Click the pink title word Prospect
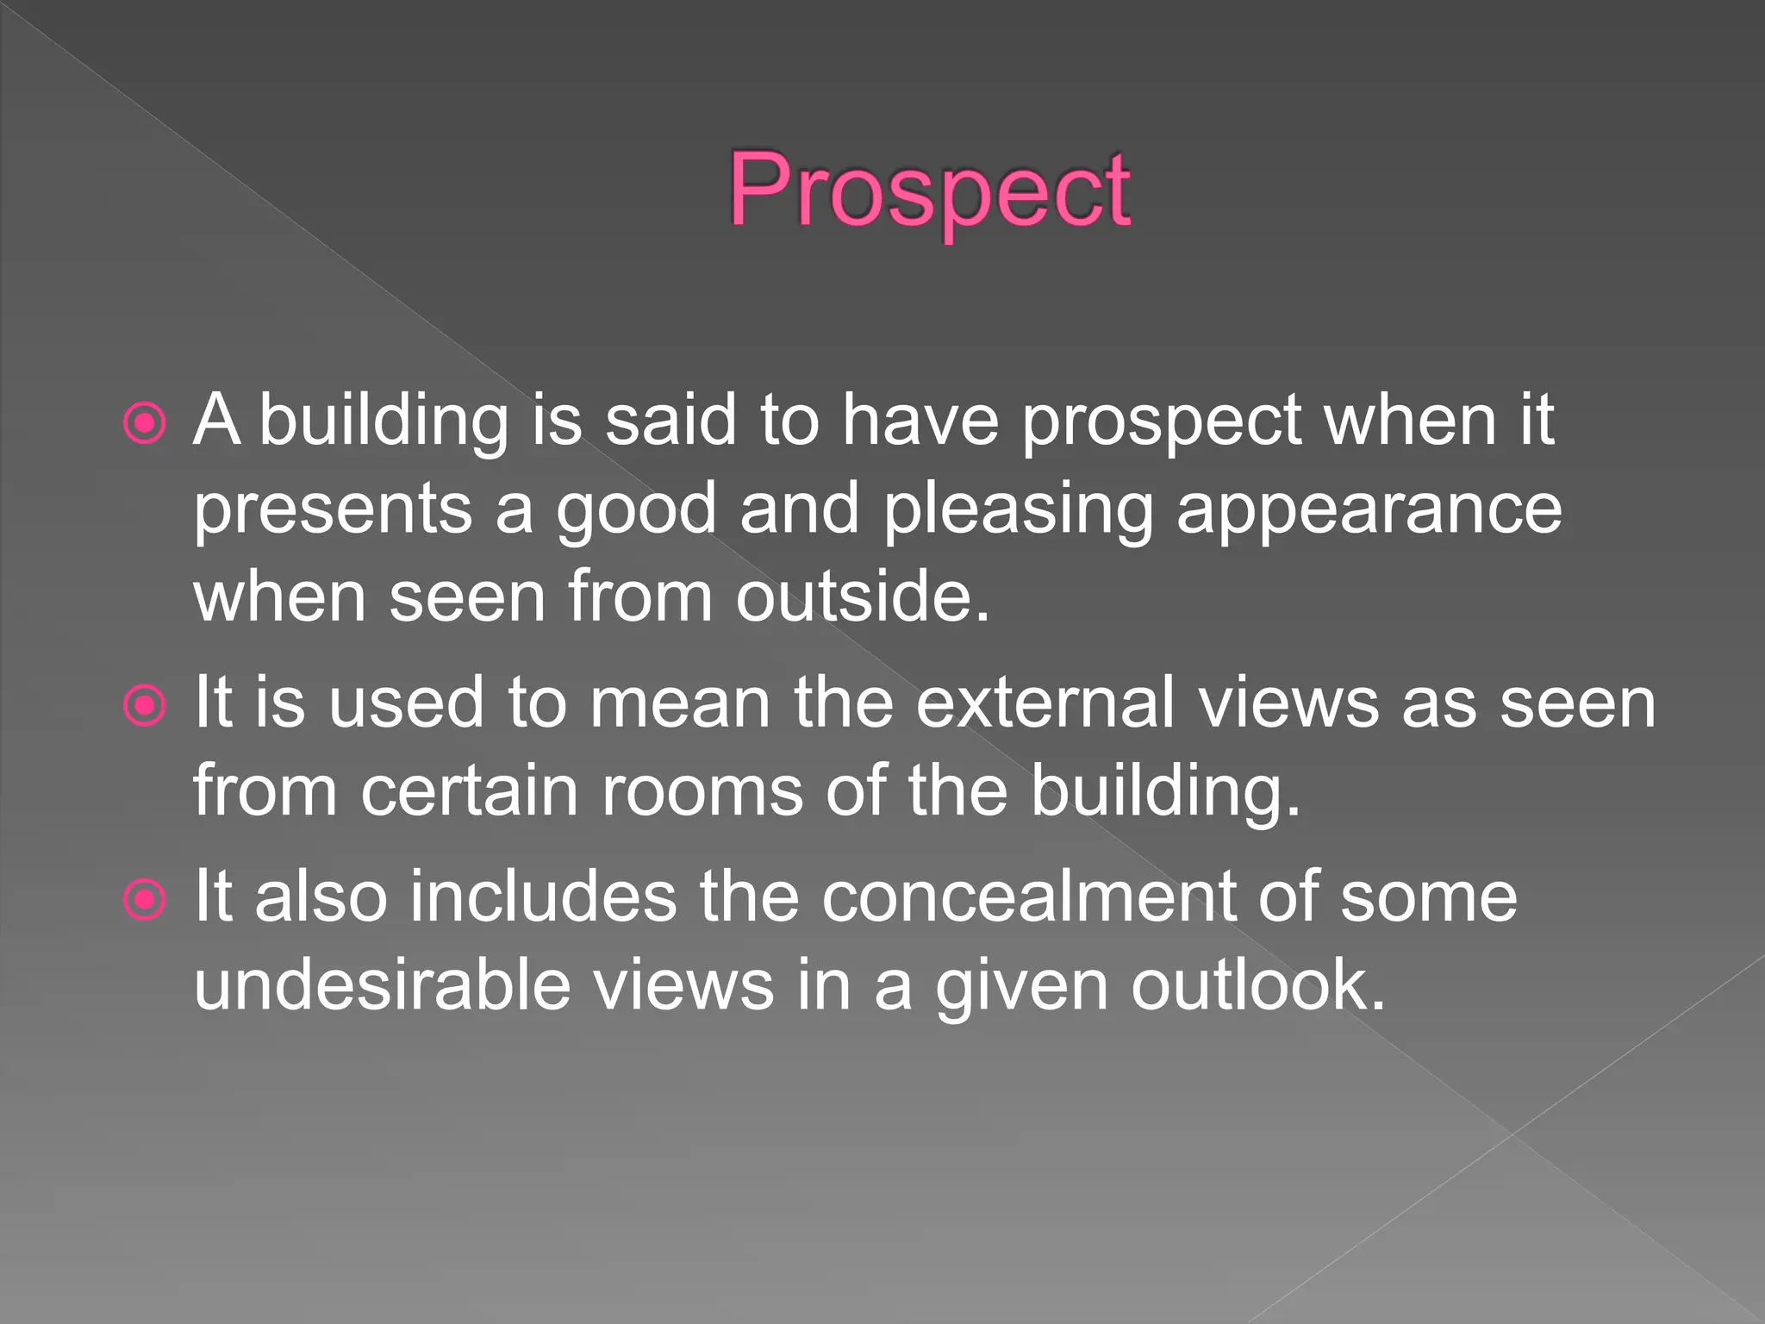click(x=929, y=191)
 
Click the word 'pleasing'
click(x=1018, y=510)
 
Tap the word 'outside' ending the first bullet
click(x=862, y=596)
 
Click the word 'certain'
click(x=469, y=791)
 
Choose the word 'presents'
click(x=333, y=510)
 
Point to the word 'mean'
click(x=680, y=704)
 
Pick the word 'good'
click(x=636, y=510)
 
